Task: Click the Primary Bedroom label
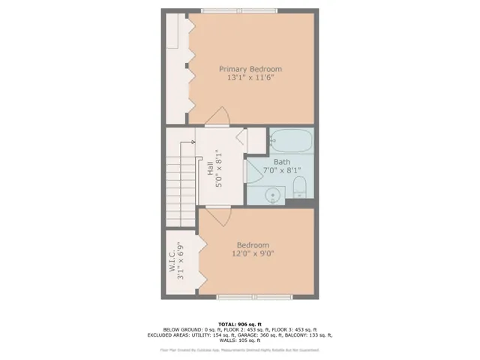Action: (250, 69)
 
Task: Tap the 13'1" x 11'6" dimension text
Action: (250, 79)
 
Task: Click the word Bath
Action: (281, 161)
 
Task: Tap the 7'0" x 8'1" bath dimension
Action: (281, 171)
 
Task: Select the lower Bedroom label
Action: (253, 244)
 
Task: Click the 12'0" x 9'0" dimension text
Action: (253, 254)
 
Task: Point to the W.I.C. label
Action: (172, 259)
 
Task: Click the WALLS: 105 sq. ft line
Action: (239, 341)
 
